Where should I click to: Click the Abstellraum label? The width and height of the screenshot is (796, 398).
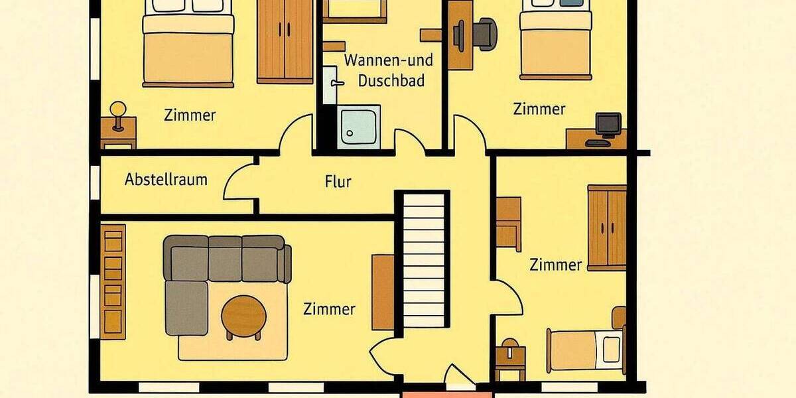(166, 179)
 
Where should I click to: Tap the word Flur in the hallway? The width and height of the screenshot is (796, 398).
(338, 181)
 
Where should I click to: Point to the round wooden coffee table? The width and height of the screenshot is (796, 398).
(243, 316)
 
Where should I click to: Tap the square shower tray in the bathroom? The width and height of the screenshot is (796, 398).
(358, 127)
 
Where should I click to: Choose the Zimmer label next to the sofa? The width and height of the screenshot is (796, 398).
(329, 309)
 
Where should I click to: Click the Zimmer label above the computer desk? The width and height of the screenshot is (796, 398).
(539, 109)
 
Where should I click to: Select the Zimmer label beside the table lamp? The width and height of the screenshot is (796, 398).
(189, 115)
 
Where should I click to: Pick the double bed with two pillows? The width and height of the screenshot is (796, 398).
(188, 43)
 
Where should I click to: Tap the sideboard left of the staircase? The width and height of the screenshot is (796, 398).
(383, 292)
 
